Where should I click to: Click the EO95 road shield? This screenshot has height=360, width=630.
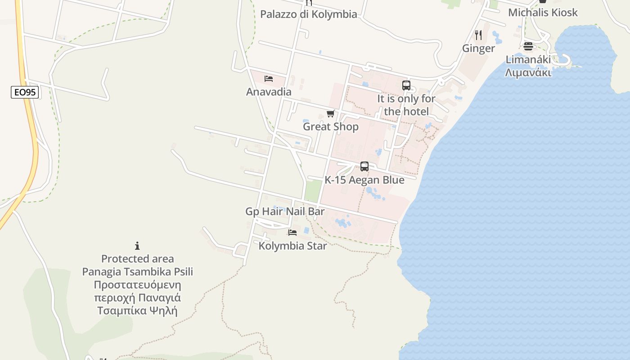[25, 93]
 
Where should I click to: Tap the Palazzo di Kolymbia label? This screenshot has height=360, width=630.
[309, 14]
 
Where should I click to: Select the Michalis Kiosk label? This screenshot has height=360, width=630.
[543, 13]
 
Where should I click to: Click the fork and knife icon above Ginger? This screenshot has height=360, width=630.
[478, 35]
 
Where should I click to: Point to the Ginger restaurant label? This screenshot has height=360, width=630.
[478, 48]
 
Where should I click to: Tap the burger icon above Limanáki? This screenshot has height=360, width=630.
[528, 46]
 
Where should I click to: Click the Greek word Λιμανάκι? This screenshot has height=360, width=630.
[528, 72]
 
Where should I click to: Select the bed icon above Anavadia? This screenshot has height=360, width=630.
[269, 79]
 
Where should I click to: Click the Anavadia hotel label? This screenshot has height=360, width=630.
[269, 92]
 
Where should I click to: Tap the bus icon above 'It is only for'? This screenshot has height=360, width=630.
[406, 85]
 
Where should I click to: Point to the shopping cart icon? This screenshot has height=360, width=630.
[331, 113]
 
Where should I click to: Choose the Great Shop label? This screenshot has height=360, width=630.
[331, 126]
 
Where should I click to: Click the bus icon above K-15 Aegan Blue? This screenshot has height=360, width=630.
[364, 166]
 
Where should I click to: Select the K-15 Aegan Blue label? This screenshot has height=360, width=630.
[364, 180]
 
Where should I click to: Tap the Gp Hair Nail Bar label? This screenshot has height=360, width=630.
[285, 211]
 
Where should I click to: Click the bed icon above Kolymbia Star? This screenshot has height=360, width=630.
[292, 233]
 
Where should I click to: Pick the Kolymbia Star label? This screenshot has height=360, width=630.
[292, 246]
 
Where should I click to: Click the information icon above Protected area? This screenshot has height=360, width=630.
[137, 246]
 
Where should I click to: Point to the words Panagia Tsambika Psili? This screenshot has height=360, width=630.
[137, 272]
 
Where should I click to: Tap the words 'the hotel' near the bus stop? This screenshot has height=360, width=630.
[406, 111]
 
